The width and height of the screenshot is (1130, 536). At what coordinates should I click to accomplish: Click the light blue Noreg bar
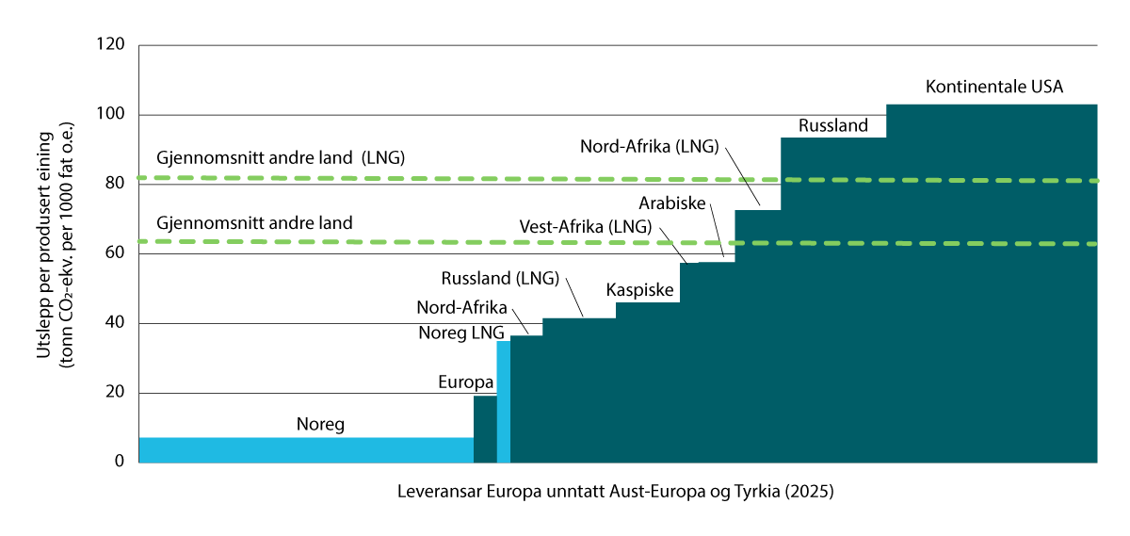[x=305, y=449]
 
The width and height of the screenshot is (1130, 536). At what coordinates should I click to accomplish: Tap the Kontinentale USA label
[x=993, y=88]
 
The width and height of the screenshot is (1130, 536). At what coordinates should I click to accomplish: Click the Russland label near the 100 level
[x=832, y=125]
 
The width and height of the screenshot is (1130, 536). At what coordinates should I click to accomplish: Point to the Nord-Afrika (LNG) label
[x=649, y=146]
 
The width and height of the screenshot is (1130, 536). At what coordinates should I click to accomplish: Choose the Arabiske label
[x=673, y=203]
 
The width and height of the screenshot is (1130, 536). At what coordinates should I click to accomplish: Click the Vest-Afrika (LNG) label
[x=585, y=227]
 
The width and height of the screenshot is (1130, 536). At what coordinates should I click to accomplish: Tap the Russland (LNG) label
[x=500, y=279]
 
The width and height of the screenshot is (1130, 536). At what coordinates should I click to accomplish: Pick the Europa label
[x=465, y=382]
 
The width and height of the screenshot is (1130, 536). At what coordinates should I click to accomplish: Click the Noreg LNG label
[x=461, y=333]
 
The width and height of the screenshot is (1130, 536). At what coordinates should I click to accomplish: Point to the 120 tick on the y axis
[x=112, y=45]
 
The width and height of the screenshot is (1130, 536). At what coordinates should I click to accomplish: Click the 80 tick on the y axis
[x=116, y=184]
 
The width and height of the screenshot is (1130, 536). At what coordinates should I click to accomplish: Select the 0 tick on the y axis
[x=120, y=462]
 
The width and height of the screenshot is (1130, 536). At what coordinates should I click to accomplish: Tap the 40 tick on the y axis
[x=116, y=323]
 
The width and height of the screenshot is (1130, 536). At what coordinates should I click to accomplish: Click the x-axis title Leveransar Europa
[x=616, y=493]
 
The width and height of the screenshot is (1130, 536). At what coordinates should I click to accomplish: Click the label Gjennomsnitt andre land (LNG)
[x=281, y=157]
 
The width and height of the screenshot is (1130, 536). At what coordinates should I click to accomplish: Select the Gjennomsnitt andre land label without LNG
[x=254, y=224]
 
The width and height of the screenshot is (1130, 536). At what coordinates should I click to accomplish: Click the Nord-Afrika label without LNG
[x=462, y=308]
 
